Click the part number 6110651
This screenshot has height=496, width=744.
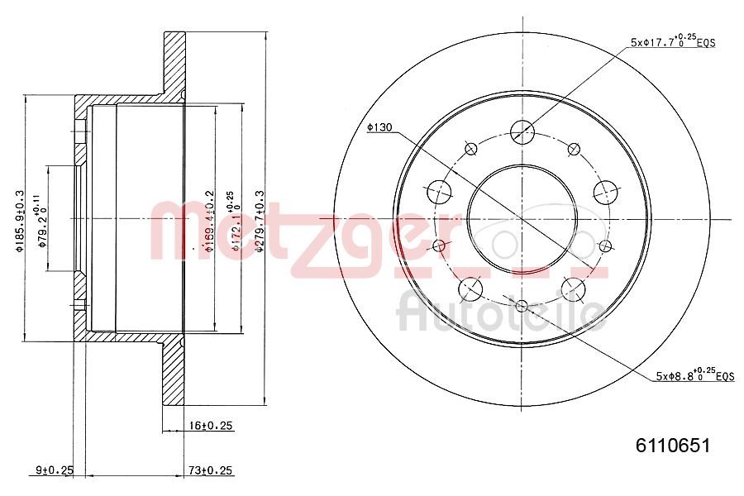click(x=672, y=446)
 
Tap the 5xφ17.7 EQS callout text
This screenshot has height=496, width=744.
click(x=670, y=41)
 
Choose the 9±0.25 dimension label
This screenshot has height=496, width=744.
click(x=55, y=470)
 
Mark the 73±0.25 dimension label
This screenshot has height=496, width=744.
click(x=210, y=470)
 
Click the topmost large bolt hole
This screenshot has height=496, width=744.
click(x=522, y=131)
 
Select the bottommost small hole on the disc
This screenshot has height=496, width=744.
click(x=521, y=307)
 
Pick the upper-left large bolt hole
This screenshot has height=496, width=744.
click(x=439, y=192)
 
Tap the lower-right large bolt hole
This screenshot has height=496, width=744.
click(x=572, y=288)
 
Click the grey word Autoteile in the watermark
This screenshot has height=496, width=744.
click(x=501, y=312)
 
